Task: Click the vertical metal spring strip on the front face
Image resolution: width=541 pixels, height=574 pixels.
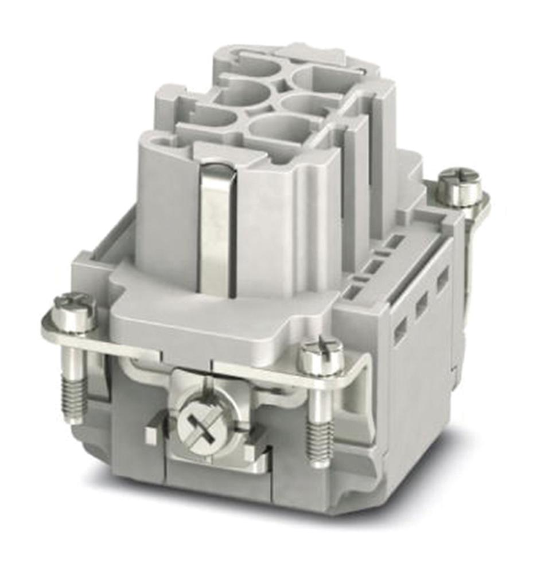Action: pos(217,230)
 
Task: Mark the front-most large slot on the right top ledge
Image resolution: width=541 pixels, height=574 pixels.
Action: pos(352,292)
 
